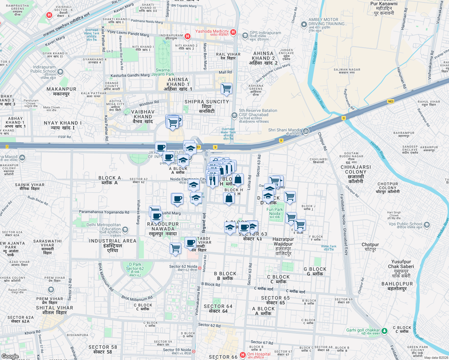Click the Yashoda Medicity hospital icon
[x=233, y=32]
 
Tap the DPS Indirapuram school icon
[x=245, y=36]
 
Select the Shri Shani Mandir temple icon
[x=306, y=131]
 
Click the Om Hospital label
[x=258, y=354]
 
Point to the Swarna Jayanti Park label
[x=163, y=72]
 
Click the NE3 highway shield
[x=390, y=101]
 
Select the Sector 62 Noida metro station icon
[x=200, y=268]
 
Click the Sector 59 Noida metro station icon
[x=194, y=351]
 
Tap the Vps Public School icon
[x=426, y=225]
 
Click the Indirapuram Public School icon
[x=60, y=72]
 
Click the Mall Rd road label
[x=225, y=72]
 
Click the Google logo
[x=10, y=356]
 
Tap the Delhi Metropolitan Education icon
[x=125, y=230]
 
